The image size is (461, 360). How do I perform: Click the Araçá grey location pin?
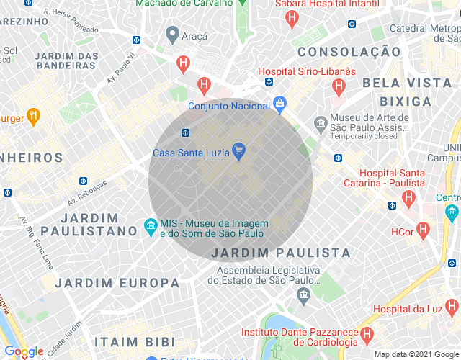click(172, 34)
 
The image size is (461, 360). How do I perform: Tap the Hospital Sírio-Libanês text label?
click(307, 72)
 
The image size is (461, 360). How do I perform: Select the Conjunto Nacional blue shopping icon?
click(280, 104)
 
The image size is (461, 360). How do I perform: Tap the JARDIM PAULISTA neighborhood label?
click(281, 253)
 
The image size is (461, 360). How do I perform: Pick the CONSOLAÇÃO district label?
click(349, 52)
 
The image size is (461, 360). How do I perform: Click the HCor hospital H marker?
click(424, 231)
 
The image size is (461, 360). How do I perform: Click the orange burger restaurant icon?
click(32, 115)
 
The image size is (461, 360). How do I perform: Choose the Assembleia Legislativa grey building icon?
click(303, 294)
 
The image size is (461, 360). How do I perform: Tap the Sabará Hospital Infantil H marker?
click(292, 19)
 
